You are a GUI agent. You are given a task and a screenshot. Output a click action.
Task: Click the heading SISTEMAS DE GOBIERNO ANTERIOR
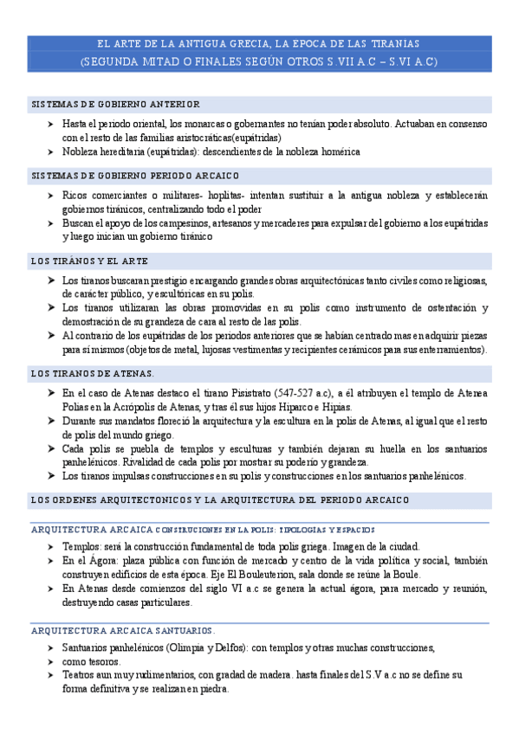(x=115, y=104)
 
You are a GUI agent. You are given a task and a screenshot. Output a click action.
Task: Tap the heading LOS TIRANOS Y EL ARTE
(x=89, y=261)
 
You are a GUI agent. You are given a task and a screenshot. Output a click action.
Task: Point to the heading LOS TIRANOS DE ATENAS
(x=93, y=373)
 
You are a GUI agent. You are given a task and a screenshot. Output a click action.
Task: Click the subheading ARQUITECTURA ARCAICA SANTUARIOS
(x=122, y=630)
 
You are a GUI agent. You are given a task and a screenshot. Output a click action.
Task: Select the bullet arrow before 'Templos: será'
(x=52, y=547)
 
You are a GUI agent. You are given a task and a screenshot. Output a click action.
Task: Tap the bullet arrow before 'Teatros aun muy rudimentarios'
(x=52, y=674)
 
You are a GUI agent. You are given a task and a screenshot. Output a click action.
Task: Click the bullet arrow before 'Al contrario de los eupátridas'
(x=52, y=336)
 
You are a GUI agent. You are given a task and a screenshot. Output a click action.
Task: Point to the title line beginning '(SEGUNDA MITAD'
(x=258, y=62)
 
